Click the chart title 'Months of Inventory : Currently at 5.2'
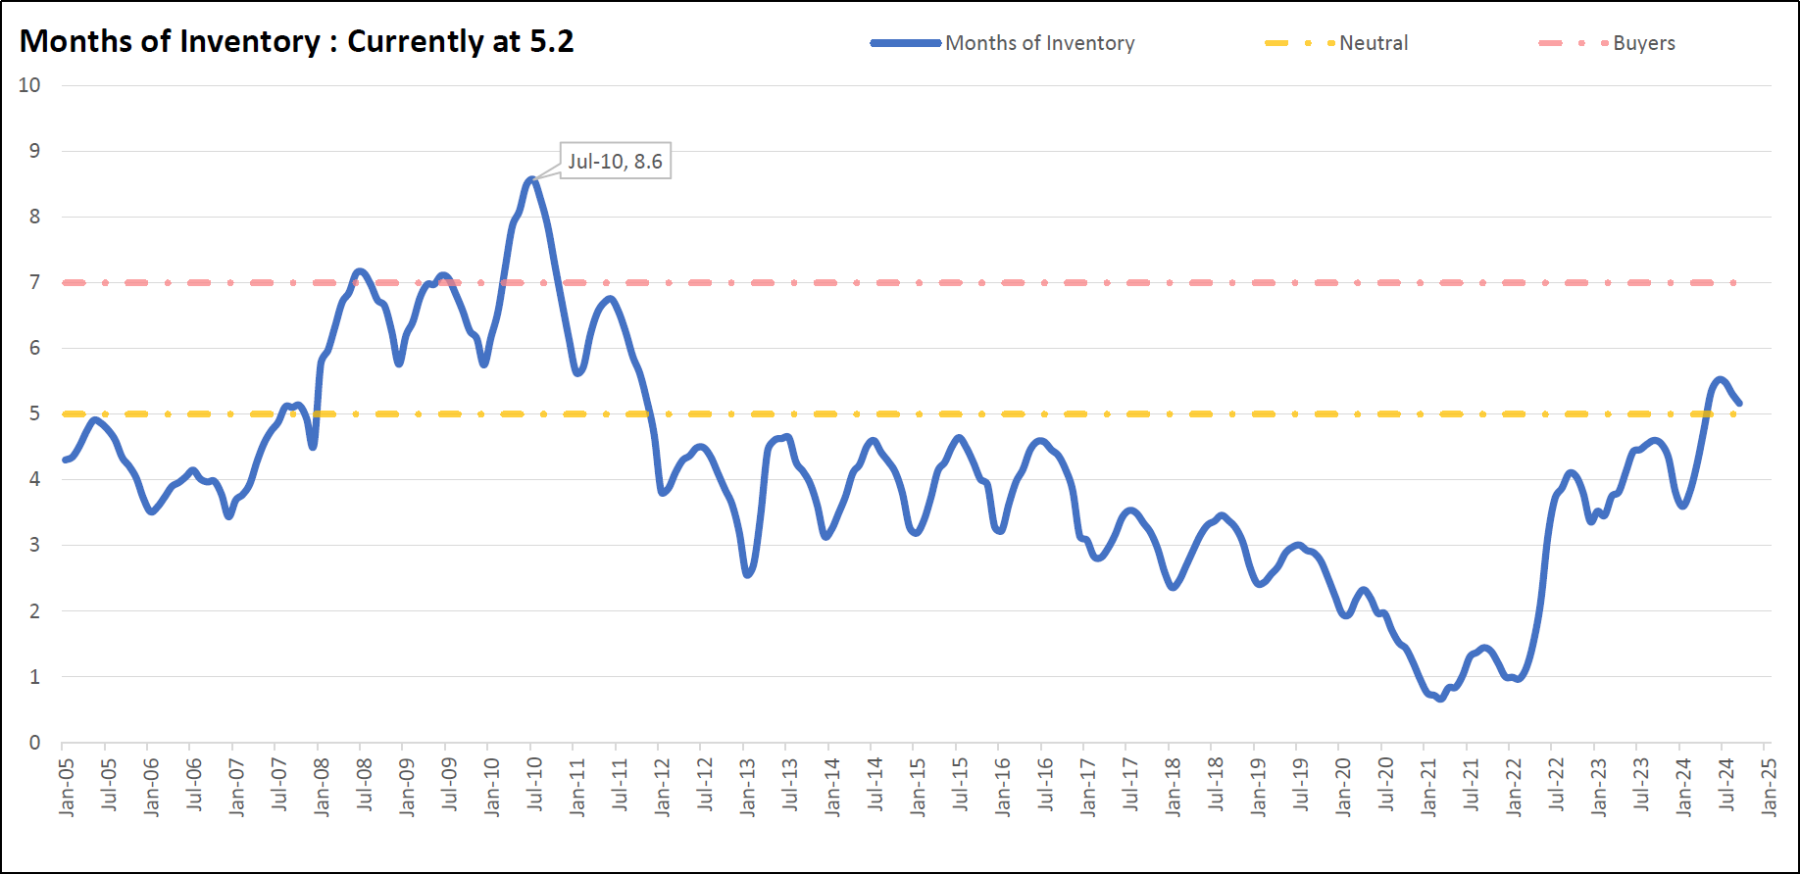coord(296,41)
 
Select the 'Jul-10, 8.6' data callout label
coord(615,161)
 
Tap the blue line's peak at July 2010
coord(531,179)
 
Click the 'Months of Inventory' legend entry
coord(1039,43)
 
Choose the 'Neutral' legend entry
coord(1373,43)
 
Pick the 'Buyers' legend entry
coord(1643,43)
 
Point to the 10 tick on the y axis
coord(29,85)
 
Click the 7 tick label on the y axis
coord(34,282)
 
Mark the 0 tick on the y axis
coord(34,742)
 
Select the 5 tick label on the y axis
coord(34,413)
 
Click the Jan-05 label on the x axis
coord(67,787)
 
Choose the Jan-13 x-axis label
coord(748,787)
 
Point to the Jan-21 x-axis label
coord(1428,787)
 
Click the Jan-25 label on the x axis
coord(1769,787)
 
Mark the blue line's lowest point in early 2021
coord(1439,699)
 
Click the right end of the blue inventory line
coord(1739,403)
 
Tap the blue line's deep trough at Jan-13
coord(748,574)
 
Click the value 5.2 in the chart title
coord(552,41)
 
